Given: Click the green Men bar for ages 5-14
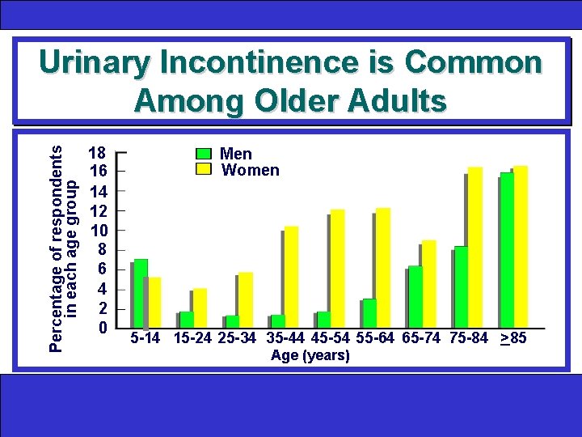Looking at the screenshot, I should pyautogui.click(x=141, y=293).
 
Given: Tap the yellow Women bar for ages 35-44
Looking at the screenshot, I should pyautogui.click(x=291, y=277).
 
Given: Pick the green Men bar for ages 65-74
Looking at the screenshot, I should pyautogui.click(x=415, y=296).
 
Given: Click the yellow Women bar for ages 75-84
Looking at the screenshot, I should pyautogui.click(x=474, y=247).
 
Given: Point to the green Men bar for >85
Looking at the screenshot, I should pyautogui.click(x=507, y=249).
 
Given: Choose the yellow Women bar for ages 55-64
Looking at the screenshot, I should pyautogui.click(x=383, y=268).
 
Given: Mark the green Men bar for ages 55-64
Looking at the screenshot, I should pyautogui.click(x=369, y=312).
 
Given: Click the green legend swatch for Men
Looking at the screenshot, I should pyautogui.click(x=204, y=154).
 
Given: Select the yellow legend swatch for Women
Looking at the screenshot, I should pyautogui.click(x=204, y=169).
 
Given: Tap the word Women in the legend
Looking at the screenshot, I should pyautogui.click(x=250, y=170).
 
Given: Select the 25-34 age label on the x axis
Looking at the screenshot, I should pyautogui.click(x=240, y=338).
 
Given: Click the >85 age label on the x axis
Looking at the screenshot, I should pyautogui.click(x=513, y=338).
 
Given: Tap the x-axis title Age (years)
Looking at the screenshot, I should pyautogui.click(x=310, y=355).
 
